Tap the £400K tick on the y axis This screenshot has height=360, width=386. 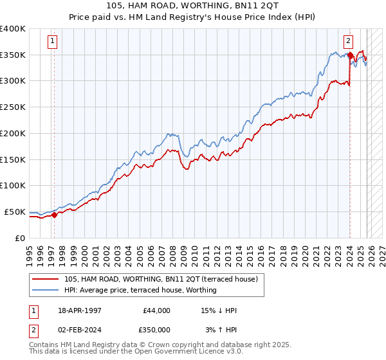tap(13, 29)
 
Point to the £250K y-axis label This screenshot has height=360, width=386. tap(13, 107)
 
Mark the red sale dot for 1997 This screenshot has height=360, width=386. tap(54, 215)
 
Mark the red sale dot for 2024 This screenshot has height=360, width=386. tap(349, 55)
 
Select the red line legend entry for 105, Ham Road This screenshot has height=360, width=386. tap(161, 279)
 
